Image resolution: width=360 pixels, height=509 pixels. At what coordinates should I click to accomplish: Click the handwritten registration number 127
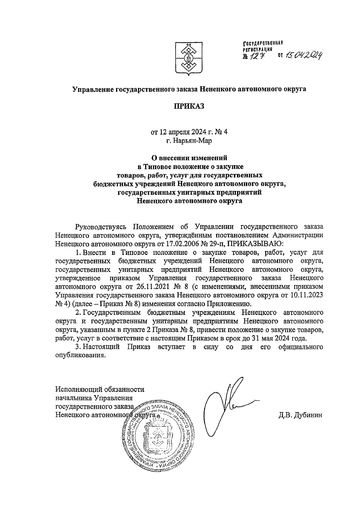coord(256,55)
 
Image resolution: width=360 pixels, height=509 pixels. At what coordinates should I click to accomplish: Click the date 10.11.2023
coord(306,295)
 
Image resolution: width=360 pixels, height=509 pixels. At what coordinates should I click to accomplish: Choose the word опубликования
coord(81,356)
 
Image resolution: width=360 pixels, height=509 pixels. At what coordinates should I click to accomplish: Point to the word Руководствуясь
coord(101,226)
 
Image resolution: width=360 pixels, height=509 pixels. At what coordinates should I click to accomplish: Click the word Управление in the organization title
coord(92,89)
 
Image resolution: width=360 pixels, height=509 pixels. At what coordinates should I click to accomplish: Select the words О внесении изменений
coord(189,157)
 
